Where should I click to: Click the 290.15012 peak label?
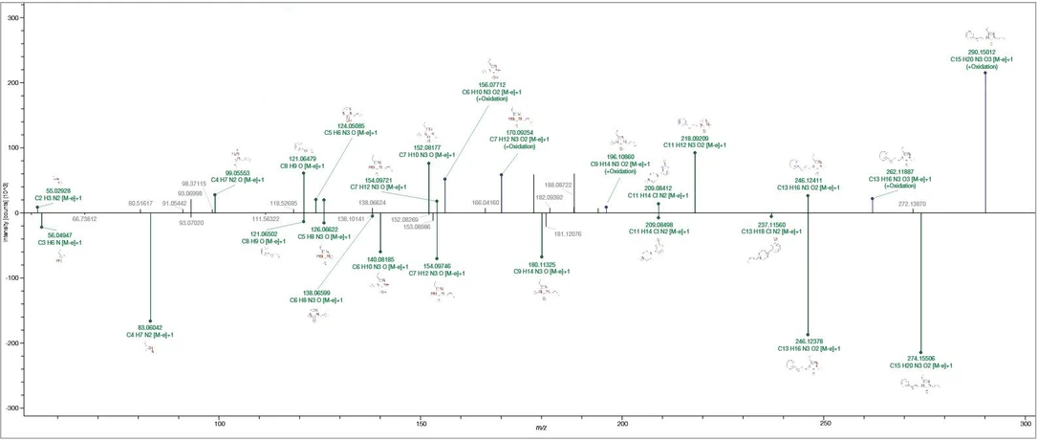point(990,52)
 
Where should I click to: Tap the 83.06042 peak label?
point(150,327)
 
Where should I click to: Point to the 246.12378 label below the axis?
point(808,341)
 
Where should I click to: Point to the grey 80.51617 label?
point(140,204)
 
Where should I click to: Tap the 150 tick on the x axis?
point(421,422)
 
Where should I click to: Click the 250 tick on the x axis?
point(824,422)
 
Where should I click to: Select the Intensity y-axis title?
point(6,212)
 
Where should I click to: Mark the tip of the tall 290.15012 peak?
point(985,73)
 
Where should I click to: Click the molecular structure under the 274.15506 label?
point(920,385)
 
